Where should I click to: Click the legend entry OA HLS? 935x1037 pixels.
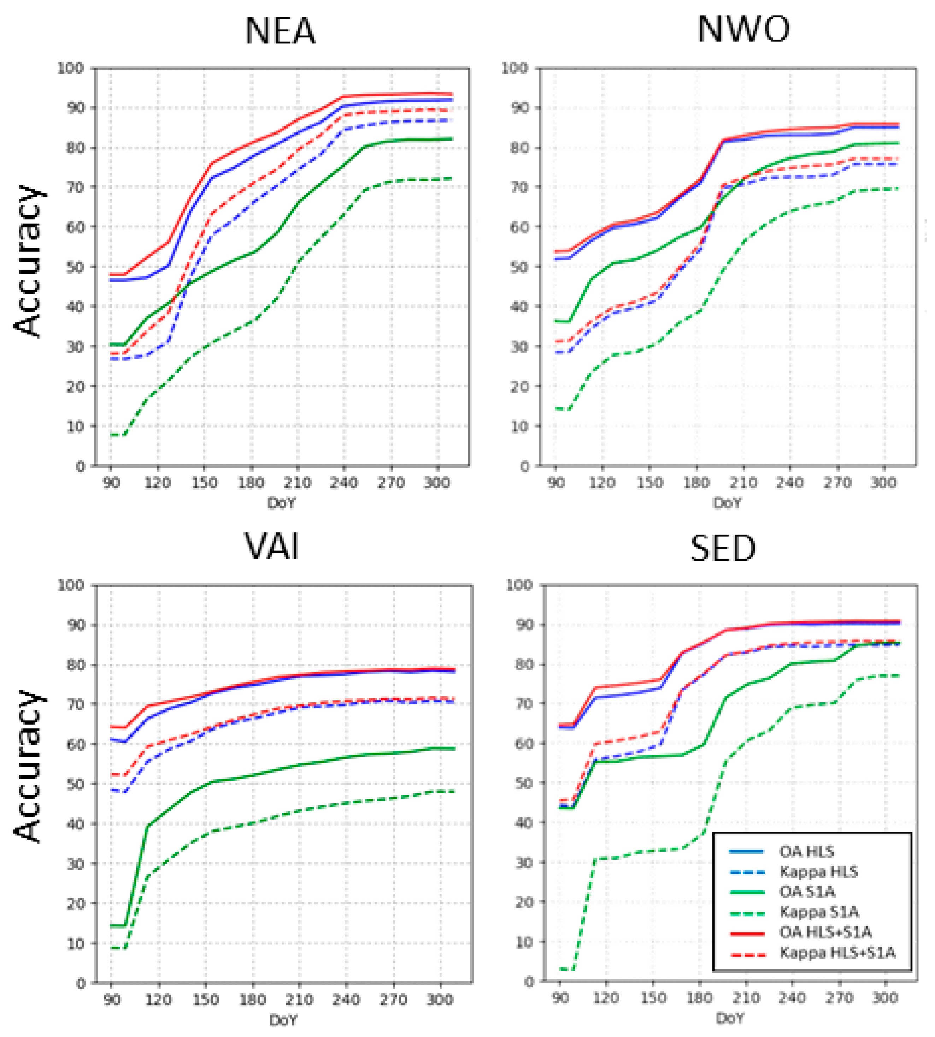coord(807,851)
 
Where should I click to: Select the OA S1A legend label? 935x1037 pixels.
coord(807,892)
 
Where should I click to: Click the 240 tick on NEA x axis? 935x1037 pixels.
coord(344,483)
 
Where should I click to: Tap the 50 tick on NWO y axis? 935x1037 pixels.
coord(519,267)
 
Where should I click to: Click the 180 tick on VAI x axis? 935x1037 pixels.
coord(253,1000)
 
